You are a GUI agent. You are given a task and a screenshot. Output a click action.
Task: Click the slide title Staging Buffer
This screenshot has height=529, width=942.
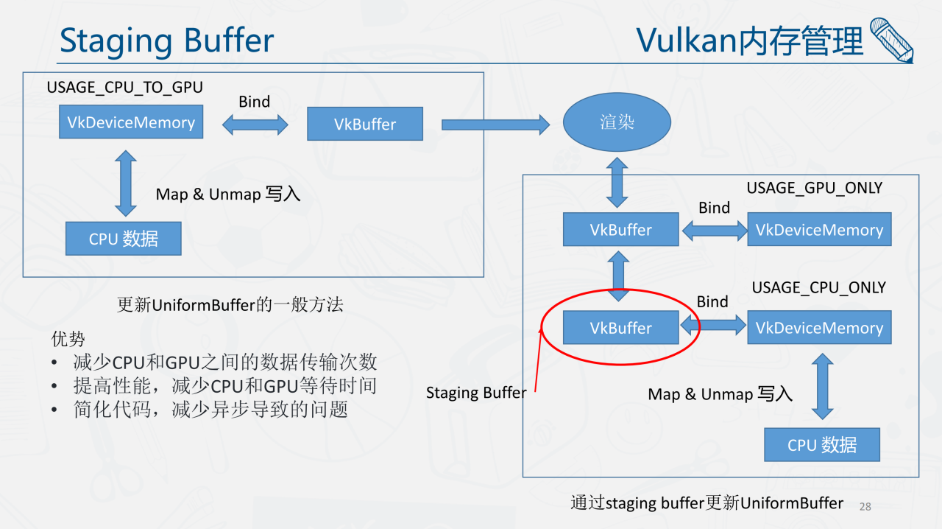[166, 41]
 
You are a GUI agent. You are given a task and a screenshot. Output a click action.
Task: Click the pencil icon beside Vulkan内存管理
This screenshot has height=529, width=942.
[891, 40]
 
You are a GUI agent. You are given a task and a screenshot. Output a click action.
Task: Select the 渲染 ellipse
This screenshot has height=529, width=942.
[617, 122]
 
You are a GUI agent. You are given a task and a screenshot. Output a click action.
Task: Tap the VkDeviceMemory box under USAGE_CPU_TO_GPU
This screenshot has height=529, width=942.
[131, 122]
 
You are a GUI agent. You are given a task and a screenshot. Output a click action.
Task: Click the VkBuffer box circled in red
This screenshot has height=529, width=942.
[620, 328]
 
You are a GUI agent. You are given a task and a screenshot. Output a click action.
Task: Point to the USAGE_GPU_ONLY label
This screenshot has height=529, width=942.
[814, 188]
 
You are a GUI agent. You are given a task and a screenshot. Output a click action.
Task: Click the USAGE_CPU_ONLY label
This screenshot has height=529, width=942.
[818, 287]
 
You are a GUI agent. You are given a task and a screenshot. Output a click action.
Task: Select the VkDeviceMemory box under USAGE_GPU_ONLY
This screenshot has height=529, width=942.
[819, 230]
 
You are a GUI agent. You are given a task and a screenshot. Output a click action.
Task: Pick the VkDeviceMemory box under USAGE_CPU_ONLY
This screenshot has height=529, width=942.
[819, 328]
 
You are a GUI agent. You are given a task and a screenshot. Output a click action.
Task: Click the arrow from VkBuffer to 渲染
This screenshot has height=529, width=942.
[495, 125]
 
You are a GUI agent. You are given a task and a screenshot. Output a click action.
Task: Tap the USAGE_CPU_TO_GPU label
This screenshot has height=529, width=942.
[124, 88]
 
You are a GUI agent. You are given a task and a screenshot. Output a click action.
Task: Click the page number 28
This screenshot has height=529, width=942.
[865, 506]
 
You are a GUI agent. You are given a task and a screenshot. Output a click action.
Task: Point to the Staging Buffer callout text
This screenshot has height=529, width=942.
[476, 393]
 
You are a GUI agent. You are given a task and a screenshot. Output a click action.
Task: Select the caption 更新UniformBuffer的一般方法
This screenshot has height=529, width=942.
[230, 304]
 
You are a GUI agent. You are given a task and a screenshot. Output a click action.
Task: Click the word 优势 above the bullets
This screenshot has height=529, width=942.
[68, 339]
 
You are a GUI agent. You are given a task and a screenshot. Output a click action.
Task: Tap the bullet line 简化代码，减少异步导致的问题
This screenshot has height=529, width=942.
[210, 409]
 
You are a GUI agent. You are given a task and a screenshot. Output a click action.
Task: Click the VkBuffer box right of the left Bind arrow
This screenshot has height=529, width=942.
[365, 124]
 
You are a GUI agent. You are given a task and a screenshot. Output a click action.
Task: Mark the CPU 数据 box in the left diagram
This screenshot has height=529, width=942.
[123, 239]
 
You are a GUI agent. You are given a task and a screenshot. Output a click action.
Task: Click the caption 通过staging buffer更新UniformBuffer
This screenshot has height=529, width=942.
[706, 503]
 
